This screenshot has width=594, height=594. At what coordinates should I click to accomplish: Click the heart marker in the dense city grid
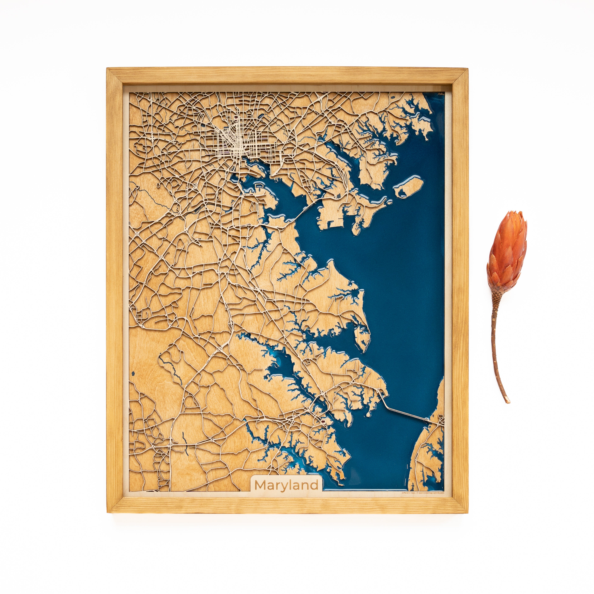coord(236,117)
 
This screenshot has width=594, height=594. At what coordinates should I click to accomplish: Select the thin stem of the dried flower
coord(496,338)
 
